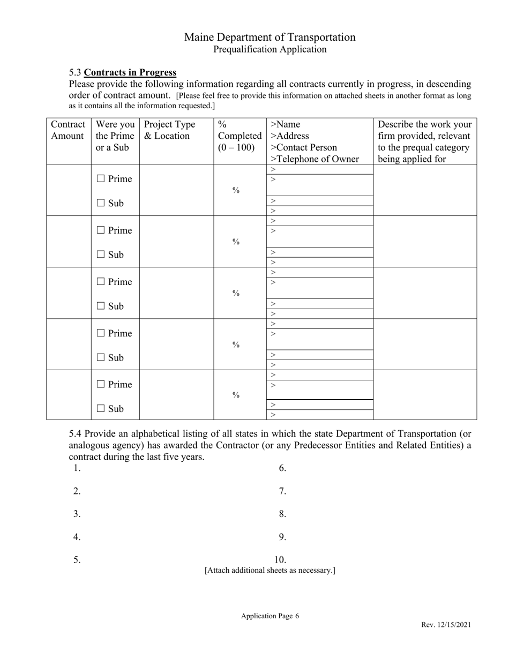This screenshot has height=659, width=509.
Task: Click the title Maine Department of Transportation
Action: (x=270, y=37)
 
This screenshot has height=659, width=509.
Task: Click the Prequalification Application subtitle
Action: (x=270, y=49)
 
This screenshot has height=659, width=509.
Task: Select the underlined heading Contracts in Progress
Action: (x=130, y=72)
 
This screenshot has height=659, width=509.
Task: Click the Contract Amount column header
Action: (x=68, y=130)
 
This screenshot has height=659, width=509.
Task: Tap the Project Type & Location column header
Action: (x=169, y=130)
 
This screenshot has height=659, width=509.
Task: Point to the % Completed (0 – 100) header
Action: (x=239, y=136)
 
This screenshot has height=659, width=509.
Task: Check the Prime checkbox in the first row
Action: (x=101, y=179)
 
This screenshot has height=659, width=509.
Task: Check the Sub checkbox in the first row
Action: (x=101, y=203)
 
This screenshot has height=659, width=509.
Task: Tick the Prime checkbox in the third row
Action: (x=101, y=282)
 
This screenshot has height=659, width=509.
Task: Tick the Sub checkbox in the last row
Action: (x=101, y=409)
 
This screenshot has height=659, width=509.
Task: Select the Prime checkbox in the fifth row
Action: (x=101, y=385)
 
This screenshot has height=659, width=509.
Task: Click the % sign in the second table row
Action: (x=236, y=242)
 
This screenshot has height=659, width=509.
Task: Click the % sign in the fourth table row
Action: (x=236, y=345)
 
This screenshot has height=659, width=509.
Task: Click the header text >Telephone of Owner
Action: (x=315, y=159)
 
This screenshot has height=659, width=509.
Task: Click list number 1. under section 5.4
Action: (x=77, y=468)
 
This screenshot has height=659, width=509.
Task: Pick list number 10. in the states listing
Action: (x=281, y=560)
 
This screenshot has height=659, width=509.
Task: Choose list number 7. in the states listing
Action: (x=283, y=491)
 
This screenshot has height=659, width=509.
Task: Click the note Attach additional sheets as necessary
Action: (x=270, y=571)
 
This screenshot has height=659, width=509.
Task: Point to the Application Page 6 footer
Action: (x=270, y=616)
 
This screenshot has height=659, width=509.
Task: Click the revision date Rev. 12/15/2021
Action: (x=446, y=625)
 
